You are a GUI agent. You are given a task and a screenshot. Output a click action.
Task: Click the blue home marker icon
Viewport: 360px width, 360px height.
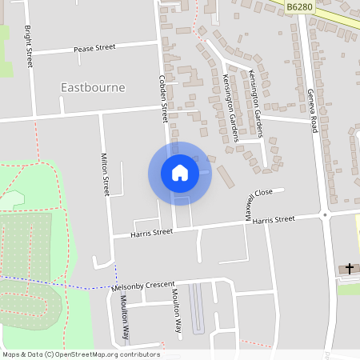[180, 173]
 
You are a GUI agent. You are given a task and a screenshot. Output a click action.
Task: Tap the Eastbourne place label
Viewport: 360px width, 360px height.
[93, 86]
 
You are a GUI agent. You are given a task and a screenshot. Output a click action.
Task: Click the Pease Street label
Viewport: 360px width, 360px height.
[94, 48]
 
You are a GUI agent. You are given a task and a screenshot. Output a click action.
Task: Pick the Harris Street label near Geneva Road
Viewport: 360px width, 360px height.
[274, 219]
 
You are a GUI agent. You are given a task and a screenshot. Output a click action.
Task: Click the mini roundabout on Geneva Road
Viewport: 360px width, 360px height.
[325, 214]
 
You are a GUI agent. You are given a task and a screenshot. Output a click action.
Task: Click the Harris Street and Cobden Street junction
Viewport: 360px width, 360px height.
[174, 230]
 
